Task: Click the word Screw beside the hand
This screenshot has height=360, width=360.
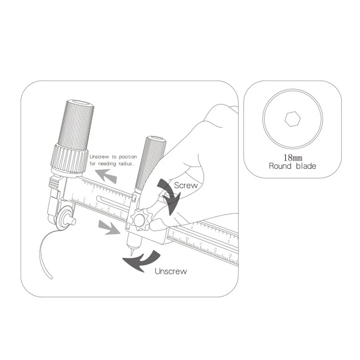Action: tap(185, 184)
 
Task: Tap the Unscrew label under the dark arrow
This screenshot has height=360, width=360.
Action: tap(171, 271)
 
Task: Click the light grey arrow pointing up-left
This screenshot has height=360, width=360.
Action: tap(106, 175)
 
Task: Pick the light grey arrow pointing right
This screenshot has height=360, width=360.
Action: tap(109, 228)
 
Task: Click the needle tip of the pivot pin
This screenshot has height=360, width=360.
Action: tap(131, 254)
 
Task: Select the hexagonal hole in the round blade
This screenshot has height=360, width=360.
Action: tap(292, 119)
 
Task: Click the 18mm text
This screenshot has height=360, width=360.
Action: tap(292, 158)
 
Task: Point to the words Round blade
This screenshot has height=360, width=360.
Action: tap(292, 166)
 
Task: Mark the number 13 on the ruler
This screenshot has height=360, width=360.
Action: tap(230, 256)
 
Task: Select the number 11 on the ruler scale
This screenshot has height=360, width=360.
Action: tap(201, 246)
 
